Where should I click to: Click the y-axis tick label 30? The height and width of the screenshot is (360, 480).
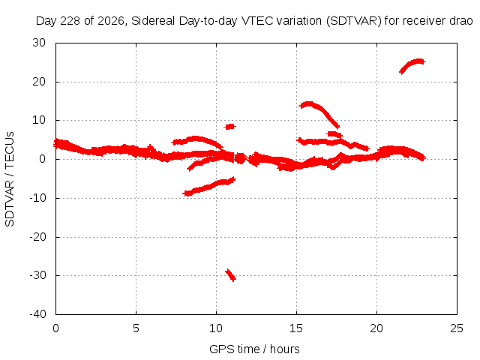39,43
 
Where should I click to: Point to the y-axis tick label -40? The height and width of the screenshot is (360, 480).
38,314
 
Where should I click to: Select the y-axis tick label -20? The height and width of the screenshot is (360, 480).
38,237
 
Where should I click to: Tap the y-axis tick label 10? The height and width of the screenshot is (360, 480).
39,120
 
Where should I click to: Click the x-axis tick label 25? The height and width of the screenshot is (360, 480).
457,328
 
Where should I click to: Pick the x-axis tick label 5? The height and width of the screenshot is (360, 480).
136,328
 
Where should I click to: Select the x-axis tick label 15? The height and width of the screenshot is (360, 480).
296,328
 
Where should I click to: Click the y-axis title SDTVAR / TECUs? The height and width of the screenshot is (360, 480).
10,179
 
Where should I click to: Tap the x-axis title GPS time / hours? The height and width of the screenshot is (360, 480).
254,349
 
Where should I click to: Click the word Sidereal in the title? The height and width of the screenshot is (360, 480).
153,21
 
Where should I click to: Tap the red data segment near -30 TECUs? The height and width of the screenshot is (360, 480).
230,275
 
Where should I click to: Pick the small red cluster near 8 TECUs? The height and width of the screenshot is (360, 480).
229,127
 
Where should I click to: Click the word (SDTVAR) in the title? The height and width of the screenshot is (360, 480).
354,21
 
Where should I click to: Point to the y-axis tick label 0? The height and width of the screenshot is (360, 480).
42,159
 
